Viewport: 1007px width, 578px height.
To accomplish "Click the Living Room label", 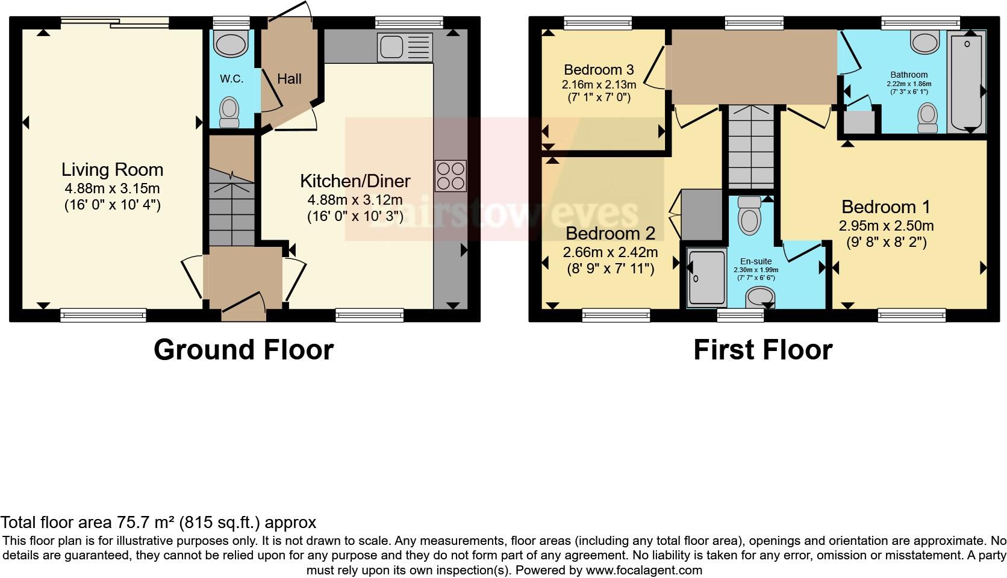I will coord(112,169).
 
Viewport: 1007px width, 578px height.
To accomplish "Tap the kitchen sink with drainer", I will coord(405,47).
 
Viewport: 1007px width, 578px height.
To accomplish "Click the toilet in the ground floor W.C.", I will coord(229,113).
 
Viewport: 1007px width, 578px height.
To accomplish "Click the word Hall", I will coord(289,79).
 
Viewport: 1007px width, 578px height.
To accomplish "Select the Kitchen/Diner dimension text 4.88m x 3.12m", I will coord(355,200).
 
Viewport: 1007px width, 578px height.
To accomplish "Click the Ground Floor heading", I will coord(243,350).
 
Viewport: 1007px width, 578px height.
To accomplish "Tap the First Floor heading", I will coord(762,350).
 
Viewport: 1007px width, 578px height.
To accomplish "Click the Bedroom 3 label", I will coord(599,69).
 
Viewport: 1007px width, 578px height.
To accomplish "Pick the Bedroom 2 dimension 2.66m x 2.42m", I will coord(610,252).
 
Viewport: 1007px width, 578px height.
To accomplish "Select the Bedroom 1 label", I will coord(885,207).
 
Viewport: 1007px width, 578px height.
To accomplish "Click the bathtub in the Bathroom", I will coord(967,83).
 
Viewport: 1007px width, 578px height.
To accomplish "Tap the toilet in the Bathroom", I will coord(927,117).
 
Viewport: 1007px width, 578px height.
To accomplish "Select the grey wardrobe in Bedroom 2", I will coord(701,214).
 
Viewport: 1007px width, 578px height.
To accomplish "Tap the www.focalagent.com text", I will coord(643,570).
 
